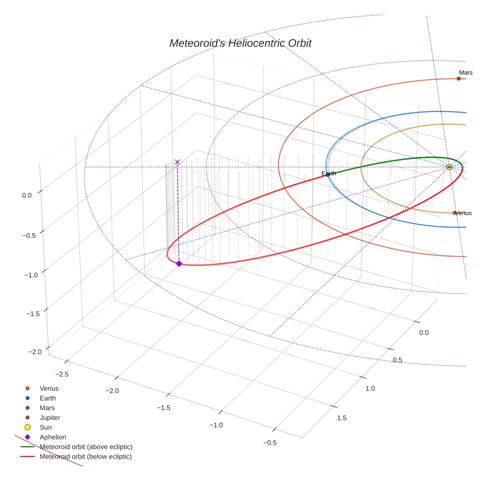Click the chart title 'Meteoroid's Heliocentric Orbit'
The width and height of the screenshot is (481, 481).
coord(240,43)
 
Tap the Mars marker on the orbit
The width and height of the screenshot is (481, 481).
coord(459,79)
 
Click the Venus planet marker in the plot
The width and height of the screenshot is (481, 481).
coord(454,213)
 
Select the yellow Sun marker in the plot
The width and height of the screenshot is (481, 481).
coord(449,167)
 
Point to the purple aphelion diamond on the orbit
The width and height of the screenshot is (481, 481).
coord(179,263)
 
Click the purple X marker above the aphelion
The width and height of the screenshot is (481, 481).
coord(177,162)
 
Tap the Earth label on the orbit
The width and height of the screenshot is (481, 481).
coord(329,174)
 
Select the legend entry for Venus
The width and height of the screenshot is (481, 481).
coord(49,388)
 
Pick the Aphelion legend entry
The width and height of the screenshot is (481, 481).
coord(53,437)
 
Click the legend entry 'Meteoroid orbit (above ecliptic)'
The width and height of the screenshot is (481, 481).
coord(86,447)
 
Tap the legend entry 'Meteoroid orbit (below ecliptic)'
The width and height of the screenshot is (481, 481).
coord(86,457)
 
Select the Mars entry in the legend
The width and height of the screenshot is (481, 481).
coord(47,408)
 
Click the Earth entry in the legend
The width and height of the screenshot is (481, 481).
coord(48,398)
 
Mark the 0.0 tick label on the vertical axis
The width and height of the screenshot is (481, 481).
coord(27,195)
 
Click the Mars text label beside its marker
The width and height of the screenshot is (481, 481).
coord(466,73)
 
